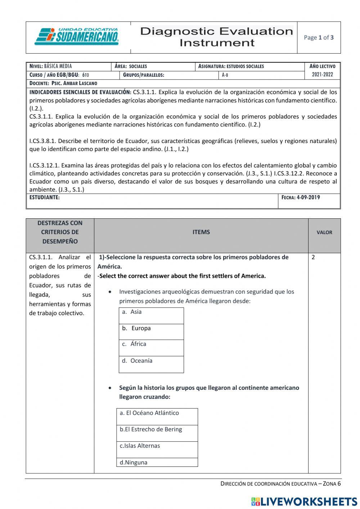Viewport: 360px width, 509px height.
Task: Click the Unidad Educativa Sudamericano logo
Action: pos(77,37)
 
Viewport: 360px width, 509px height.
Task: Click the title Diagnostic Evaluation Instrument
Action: pos(216,37)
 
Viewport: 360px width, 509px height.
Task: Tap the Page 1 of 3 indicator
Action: pos(319,37)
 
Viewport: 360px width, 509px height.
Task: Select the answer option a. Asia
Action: pos(151,316)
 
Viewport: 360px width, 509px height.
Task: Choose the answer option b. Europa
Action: pos(151,332)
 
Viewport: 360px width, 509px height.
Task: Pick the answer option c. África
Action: pos(151,348)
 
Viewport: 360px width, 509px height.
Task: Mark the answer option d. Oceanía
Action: pos(151,364)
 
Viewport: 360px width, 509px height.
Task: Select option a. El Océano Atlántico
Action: pos(157,416)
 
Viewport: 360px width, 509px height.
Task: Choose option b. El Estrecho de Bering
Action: pos(157,433)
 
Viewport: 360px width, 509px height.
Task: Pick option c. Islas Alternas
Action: pos(157,449)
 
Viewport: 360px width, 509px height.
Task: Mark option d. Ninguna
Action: pos(157,463)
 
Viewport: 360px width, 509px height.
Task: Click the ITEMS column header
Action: pos(201,232)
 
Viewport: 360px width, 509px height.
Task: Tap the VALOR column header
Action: pos(324,233)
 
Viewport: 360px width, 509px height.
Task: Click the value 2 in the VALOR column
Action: pos(313,258)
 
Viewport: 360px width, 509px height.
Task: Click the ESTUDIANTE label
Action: pos(44,197)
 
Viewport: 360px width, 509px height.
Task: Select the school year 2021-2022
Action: pos(323,75)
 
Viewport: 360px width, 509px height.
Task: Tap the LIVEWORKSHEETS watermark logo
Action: pos(304,501)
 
